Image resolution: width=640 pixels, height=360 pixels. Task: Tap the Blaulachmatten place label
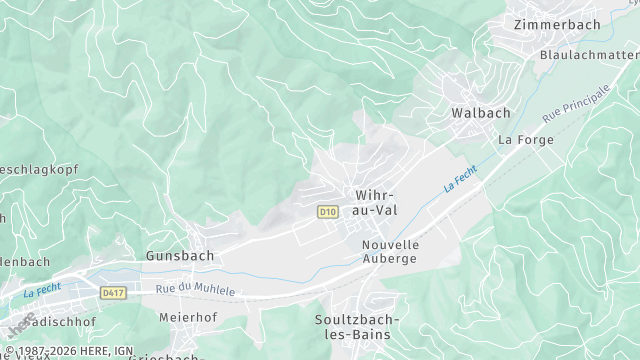[x=590, y=54]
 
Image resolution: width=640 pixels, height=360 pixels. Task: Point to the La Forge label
[x=519, y=140]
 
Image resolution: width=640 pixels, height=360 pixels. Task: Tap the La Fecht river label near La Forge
[x=460, y=181]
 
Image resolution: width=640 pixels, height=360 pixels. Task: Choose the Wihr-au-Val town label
[x=376, y=202]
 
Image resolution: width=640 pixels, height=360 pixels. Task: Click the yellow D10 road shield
[x=328, y=212]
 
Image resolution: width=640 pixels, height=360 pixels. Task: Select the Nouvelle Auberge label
[x=390, y=251]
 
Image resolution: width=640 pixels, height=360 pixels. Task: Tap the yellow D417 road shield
[x=113, y=292]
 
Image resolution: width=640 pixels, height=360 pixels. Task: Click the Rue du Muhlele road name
[x=196, y=289]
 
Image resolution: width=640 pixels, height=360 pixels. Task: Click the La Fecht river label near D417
[x=43, y=292]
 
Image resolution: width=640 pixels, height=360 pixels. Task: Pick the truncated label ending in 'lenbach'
[x=24, y=261]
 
